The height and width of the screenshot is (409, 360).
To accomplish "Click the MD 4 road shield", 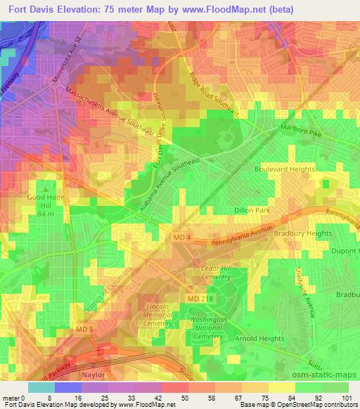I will [181, 239].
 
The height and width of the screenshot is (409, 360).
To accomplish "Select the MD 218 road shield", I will [199, 300].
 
